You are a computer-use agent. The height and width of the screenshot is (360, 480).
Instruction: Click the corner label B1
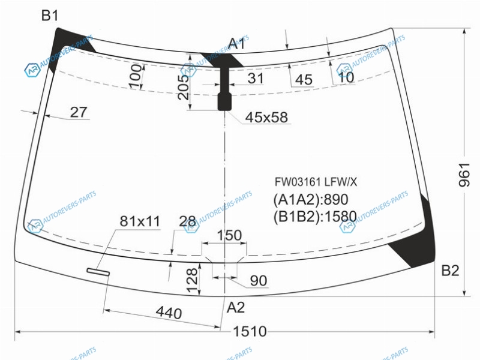pos(50,16)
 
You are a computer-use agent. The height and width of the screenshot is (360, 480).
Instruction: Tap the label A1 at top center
pos(237,44)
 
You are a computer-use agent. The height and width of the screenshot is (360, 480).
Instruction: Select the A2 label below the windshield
pos(236,307)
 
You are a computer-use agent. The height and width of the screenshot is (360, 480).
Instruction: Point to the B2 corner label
pos(450,271)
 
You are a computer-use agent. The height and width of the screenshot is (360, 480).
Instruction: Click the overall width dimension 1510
pos(250,332)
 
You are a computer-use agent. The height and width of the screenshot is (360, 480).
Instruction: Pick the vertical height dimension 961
pos(464,175)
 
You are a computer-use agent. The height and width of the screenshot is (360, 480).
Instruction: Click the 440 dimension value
pos(169,313)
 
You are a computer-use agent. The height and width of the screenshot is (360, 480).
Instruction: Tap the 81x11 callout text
pos(140,221)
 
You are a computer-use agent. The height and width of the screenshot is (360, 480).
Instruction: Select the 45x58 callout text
pos(266,117)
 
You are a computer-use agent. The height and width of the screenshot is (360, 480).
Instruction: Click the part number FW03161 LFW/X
pos(316,182)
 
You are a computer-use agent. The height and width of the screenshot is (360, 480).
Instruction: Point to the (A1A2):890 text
pos(311,200)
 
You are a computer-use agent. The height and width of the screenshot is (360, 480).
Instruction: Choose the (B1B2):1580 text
pos(315,217)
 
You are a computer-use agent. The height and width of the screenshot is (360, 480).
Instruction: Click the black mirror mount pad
pos(224,101)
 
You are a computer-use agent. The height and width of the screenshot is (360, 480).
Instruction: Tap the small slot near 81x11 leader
pos(98,272)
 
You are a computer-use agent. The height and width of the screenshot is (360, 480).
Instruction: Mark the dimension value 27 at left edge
pos(79,112)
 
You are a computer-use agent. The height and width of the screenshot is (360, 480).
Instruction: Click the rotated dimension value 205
pos(184,87)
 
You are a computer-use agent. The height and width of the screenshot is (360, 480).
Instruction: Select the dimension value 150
pos(229,235)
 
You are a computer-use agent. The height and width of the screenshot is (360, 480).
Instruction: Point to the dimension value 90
pos(259,280)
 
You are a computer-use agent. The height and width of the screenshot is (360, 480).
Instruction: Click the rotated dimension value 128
pos(193,280)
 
